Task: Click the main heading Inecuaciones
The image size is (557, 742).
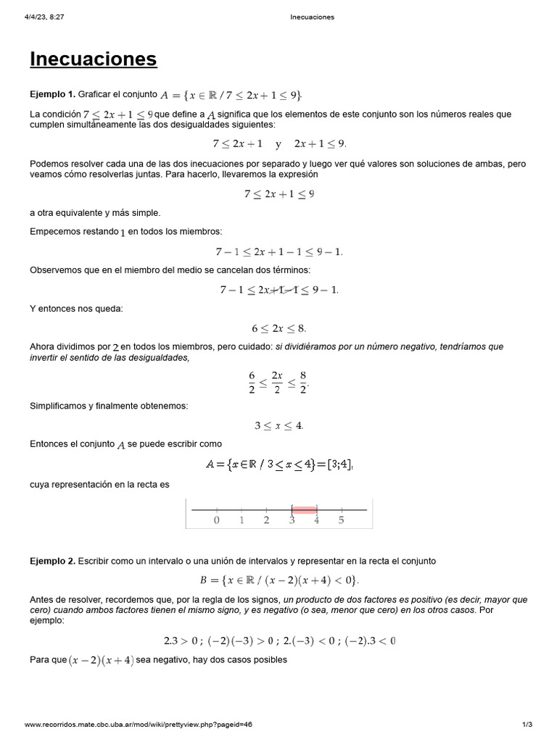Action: coord(93,59)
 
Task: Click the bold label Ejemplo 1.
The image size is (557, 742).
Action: coord(52,94)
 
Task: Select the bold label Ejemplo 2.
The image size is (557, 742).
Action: coord(52,561)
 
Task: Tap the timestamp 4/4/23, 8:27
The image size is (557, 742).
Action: coord(44,17)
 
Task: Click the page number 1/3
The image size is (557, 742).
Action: coord(527,724)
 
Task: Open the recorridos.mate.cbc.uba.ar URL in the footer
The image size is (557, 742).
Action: coord(138,724)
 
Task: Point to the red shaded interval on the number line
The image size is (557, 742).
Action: coord(304,509)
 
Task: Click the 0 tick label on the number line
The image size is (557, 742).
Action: coord(217,520)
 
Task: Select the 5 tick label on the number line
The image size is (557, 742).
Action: coord(341,520)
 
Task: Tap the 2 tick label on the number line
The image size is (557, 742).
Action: coord(266,520)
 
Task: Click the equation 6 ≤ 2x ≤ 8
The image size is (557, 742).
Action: coord(279,328)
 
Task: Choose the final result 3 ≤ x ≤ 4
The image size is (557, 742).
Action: coord(279,425)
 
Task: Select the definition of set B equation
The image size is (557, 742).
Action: coord(279,580)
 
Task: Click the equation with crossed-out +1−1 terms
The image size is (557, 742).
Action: coord(279,290)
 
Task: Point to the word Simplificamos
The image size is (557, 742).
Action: coord(61,406)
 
